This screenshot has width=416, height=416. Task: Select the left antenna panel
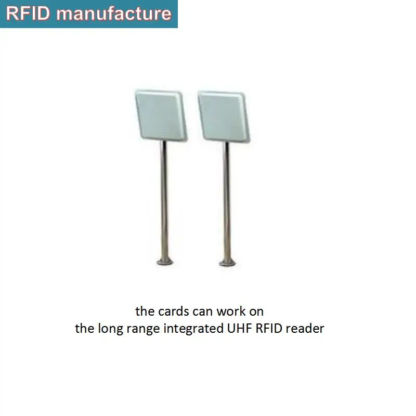point(159,115)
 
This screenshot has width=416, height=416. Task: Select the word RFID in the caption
point(266,329)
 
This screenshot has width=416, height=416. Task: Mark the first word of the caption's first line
point(144,311)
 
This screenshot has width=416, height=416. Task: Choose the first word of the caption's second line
point(83,329)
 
